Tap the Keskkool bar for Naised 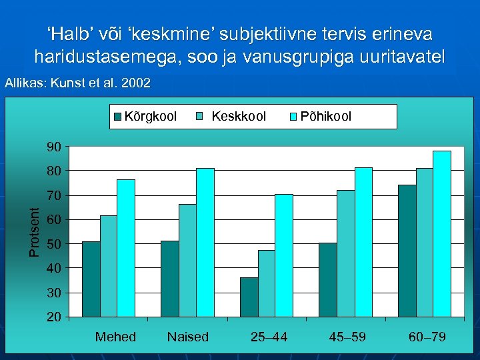coord(187,260)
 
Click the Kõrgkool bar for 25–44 coord(249,297)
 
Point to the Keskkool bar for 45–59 coord(345,253)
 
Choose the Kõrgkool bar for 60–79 coord(407,251)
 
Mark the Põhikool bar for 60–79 coord(441,233)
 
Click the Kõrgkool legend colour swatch coord(117,117)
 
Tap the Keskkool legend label coord(238,117)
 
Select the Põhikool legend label coord(326,117)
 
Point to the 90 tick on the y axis coord(54,147)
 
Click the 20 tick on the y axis coord(54,317)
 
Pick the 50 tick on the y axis coord(54,244)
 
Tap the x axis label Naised coord(187,337)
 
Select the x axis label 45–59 coord(347,337)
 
